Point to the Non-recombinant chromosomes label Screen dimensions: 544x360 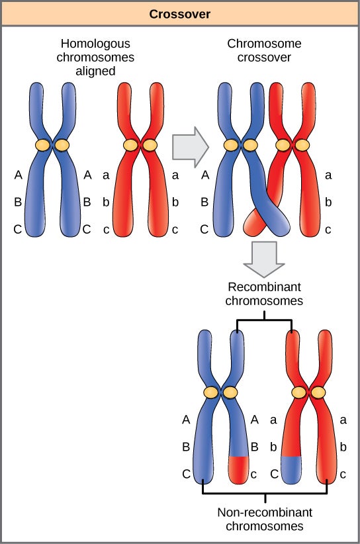pyautogui.click(x=265, y=520)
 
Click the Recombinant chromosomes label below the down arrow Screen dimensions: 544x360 pyautogui.click(x=265, y=294)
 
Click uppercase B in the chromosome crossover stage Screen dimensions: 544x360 pyautogui.click(x=204, y=203)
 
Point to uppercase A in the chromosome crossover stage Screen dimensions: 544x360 pyautogui.click(x=204, y=175)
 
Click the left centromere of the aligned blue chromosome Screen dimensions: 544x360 pyautogui.click(x=43, y=144)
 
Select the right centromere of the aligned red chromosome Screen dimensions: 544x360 pyautogui.click(x=150, y=144)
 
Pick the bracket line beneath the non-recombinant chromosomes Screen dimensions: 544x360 pyautogui.click(x=265, y=494)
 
